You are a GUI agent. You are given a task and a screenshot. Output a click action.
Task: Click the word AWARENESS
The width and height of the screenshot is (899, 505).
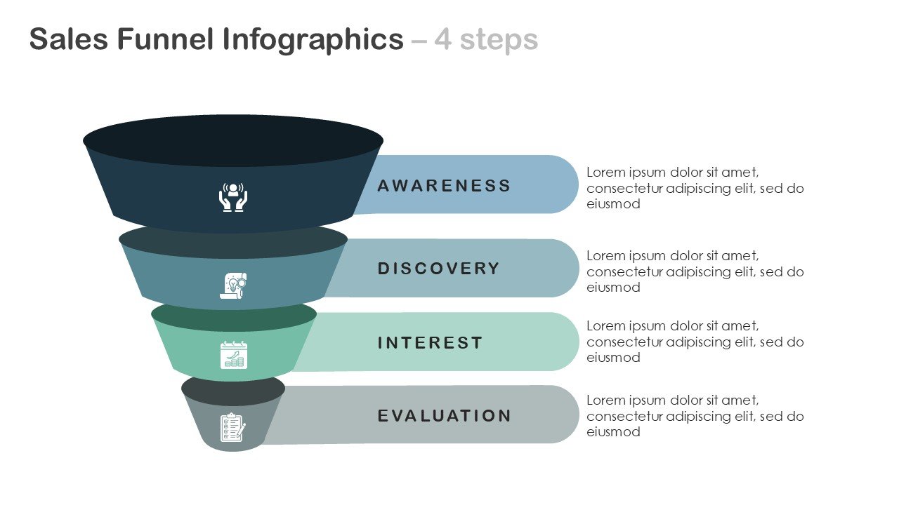[444, 186]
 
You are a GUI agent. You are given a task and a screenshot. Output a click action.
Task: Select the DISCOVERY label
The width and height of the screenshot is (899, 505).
[439, 269]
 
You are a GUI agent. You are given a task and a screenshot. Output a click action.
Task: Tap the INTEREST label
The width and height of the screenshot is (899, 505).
[431, 343]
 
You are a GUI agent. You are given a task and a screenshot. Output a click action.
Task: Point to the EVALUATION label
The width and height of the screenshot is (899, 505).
[445, 416]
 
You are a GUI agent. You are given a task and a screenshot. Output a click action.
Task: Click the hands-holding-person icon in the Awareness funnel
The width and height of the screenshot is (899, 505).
[233, 197]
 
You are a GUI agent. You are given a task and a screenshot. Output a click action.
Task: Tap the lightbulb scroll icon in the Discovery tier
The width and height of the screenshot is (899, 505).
[233, 285]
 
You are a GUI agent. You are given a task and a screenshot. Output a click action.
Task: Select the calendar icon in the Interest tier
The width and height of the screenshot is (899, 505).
[233, 355]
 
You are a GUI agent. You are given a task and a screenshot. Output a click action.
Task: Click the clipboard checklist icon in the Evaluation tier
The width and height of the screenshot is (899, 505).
[232, 426]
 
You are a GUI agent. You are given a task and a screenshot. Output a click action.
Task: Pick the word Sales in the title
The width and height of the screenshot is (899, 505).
[68, 40]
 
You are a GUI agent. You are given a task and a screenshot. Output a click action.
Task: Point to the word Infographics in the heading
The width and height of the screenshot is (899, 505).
[313, 40]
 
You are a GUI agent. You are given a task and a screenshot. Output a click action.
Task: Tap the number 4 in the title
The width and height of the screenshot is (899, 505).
[442, 40]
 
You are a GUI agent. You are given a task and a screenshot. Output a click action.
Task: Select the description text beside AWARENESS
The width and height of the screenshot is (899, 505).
[695, 188]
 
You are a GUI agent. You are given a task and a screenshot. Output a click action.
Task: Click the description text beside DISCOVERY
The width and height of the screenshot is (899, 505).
[695, 271]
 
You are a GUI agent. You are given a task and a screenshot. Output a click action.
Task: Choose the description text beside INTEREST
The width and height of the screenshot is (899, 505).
[695, 342]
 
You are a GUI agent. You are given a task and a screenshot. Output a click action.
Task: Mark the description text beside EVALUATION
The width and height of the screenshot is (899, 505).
[695, 416]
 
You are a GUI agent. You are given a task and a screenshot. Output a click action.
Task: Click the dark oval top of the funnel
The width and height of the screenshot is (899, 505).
[233, 140]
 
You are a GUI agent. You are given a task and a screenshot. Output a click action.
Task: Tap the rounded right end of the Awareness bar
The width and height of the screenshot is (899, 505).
[562, 184]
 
